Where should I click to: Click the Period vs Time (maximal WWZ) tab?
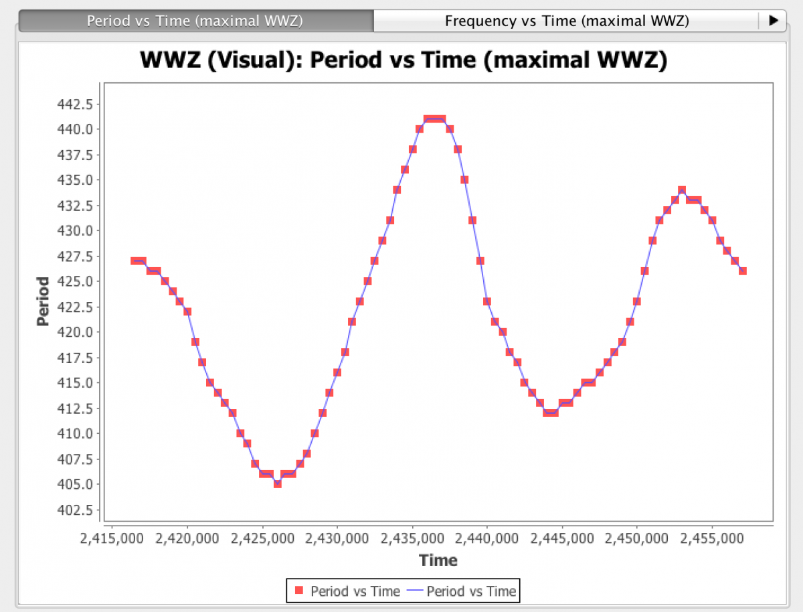click(x=195, y=21)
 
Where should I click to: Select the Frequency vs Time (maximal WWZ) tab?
click(x=566, y=21)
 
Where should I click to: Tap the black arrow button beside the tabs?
click(x=774, y=21)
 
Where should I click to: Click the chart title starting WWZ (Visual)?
click(x=404, y=60)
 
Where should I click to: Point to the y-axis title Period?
click(x=43, y=301)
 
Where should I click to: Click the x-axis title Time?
click(x=438, y=560)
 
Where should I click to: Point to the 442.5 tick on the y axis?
click(x=79, y=104)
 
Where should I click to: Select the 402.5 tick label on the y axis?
click(x=79, y=510)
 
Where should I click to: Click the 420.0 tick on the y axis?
click(x=79, y=332)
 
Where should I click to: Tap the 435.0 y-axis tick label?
click(x=79, y=180)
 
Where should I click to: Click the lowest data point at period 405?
click(x=278, y=483)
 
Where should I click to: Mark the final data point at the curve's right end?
click(x=742, y=271)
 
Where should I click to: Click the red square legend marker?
click(x=299, y=591)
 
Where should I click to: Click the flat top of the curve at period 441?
click(x=435, y=119)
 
